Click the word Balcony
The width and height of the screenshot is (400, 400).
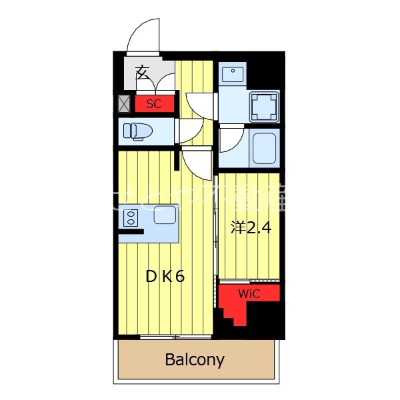(x=195, y=361)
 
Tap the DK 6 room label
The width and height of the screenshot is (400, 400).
(x=165, y=276)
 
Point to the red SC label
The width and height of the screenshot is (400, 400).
(x=154, y=104)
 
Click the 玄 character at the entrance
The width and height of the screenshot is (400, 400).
(x=143, y=72)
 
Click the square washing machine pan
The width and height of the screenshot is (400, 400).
(x=263, y=106)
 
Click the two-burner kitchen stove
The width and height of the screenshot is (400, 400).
(x=131, y=217)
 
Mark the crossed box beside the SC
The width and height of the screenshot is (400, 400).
(x=124, y=104)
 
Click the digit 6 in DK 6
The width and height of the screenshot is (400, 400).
(x=179, y=276)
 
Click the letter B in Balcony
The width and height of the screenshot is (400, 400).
(x=170, y=361)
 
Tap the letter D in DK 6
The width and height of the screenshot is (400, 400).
(x=151, y=276)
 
